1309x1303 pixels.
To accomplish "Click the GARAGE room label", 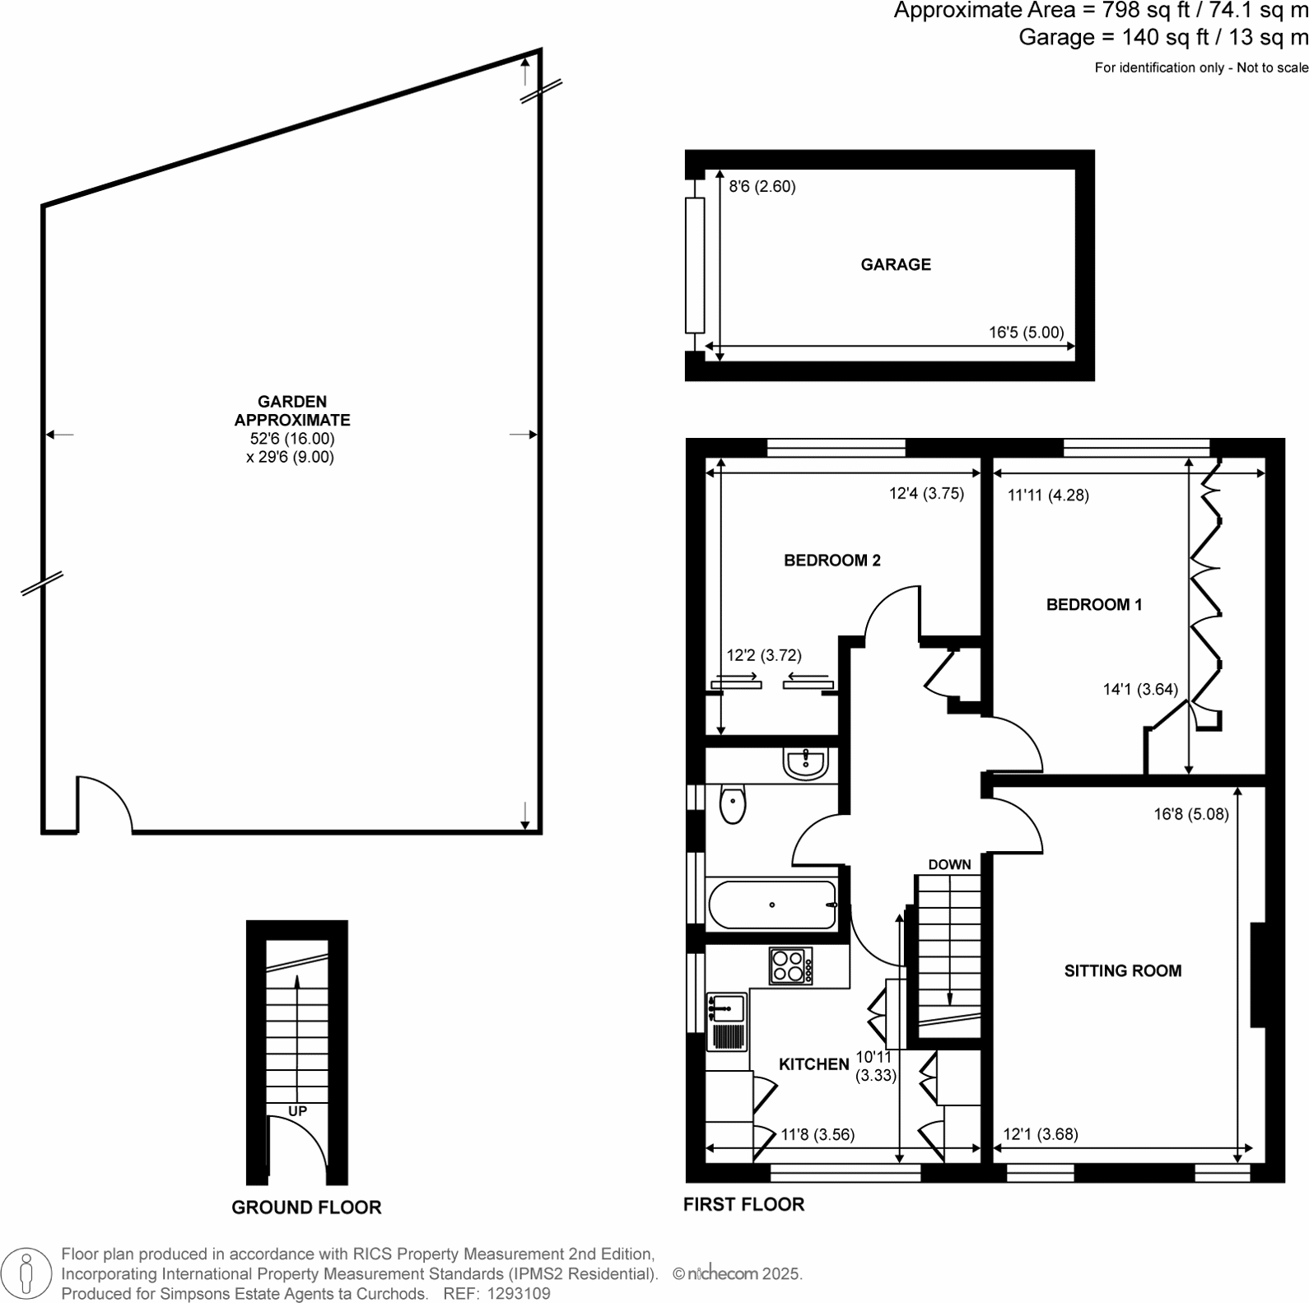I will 896,264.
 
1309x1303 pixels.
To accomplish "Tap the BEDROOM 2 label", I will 832,561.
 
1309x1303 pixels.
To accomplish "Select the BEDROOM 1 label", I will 1093,605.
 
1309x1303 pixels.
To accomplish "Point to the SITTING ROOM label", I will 1122,971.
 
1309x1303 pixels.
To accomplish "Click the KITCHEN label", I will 813,1064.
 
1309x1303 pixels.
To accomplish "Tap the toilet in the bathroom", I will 732,805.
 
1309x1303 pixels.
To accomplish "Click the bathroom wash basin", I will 805,764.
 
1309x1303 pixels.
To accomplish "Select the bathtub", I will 771,905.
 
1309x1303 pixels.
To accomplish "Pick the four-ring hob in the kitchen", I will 790,966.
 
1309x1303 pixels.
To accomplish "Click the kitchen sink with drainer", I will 725,1021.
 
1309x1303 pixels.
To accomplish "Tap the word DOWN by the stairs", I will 949,865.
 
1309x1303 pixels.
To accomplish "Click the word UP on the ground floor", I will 297,1111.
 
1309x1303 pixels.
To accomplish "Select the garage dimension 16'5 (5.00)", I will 1026,333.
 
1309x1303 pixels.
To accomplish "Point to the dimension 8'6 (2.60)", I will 762,187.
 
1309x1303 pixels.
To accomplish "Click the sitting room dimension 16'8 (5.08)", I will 1190,815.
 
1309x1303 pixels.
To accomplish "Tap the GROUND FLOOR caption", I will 306,1208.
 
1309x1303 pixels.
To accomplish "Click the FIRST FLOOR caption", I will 743,1204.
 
